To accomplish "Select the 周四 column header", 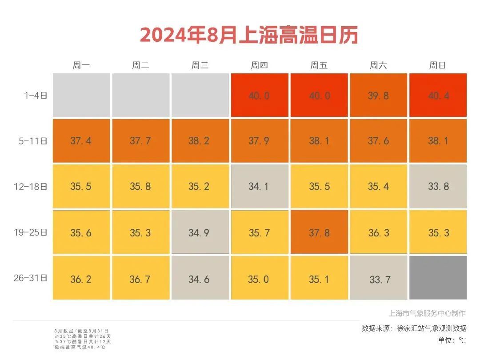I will click(259, 66).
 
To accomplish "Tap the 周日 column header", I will click(437, 66).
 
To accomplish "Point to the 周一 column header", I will click(81, 66).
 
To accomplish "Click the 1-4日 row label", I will click(36, 95).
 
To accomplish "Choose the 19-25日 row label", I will click(30, 232).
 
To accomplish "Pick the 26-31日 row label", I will click(30, 278).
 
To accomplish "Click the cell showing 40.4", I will click(438, 95).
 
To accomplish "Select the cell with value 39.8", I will click(378, 95).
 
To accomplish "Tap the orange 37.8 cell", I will click(319, 232).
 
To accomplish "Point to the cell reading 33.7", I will click(378, 279).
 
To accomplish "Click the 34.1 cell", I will click(259, 186).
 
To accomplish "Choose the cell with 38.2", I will click(200, 140).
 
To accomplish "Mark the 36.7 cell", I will click(140, 279).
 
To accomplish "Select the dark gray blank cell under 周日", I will click(438, 278).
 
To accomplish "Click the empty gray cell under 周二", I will click(140, 95).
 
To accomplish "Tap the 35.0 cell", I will click(259, 279).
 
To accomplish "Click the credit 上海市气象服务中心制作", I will click(427, 313).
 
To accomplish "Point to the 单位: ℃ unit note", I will click(452, 340).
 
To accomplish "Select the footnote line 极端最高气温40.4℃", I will click(80, 347).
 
